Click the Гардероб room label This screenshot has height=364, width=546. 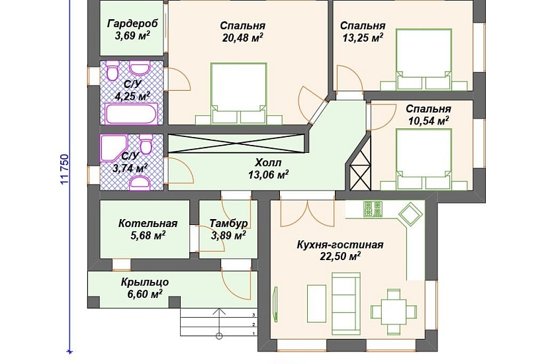132,23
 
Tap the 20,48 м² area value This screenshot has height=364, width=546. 242,37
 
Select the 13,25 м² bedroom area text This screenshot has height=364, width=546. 363,37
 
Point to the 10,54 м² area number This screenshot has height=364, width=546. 428,121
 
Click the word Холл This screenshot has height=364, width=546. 268,162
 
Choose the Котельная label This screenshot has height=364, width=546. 148,223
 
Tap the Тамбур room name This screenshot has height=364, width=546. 228,223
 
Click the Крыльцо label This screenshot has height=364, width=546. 145,282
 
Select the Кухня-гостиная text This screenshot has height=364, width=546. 340,244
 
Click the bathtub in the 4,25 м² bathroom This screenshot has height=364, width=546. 131,114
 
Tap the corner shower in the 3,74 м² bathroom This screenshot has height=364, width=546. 114,148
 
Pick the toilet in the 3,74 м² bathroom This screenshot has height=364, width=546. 145,144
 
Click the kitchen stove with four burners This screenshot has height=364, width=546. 373,209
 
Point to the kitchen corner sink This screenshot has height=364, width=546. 410,214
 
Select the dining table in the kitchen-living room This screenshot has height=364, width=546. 394,312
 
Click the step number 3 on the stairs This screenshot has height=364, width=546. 254,314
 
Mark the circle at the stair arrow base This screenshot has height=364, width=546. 219,336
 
